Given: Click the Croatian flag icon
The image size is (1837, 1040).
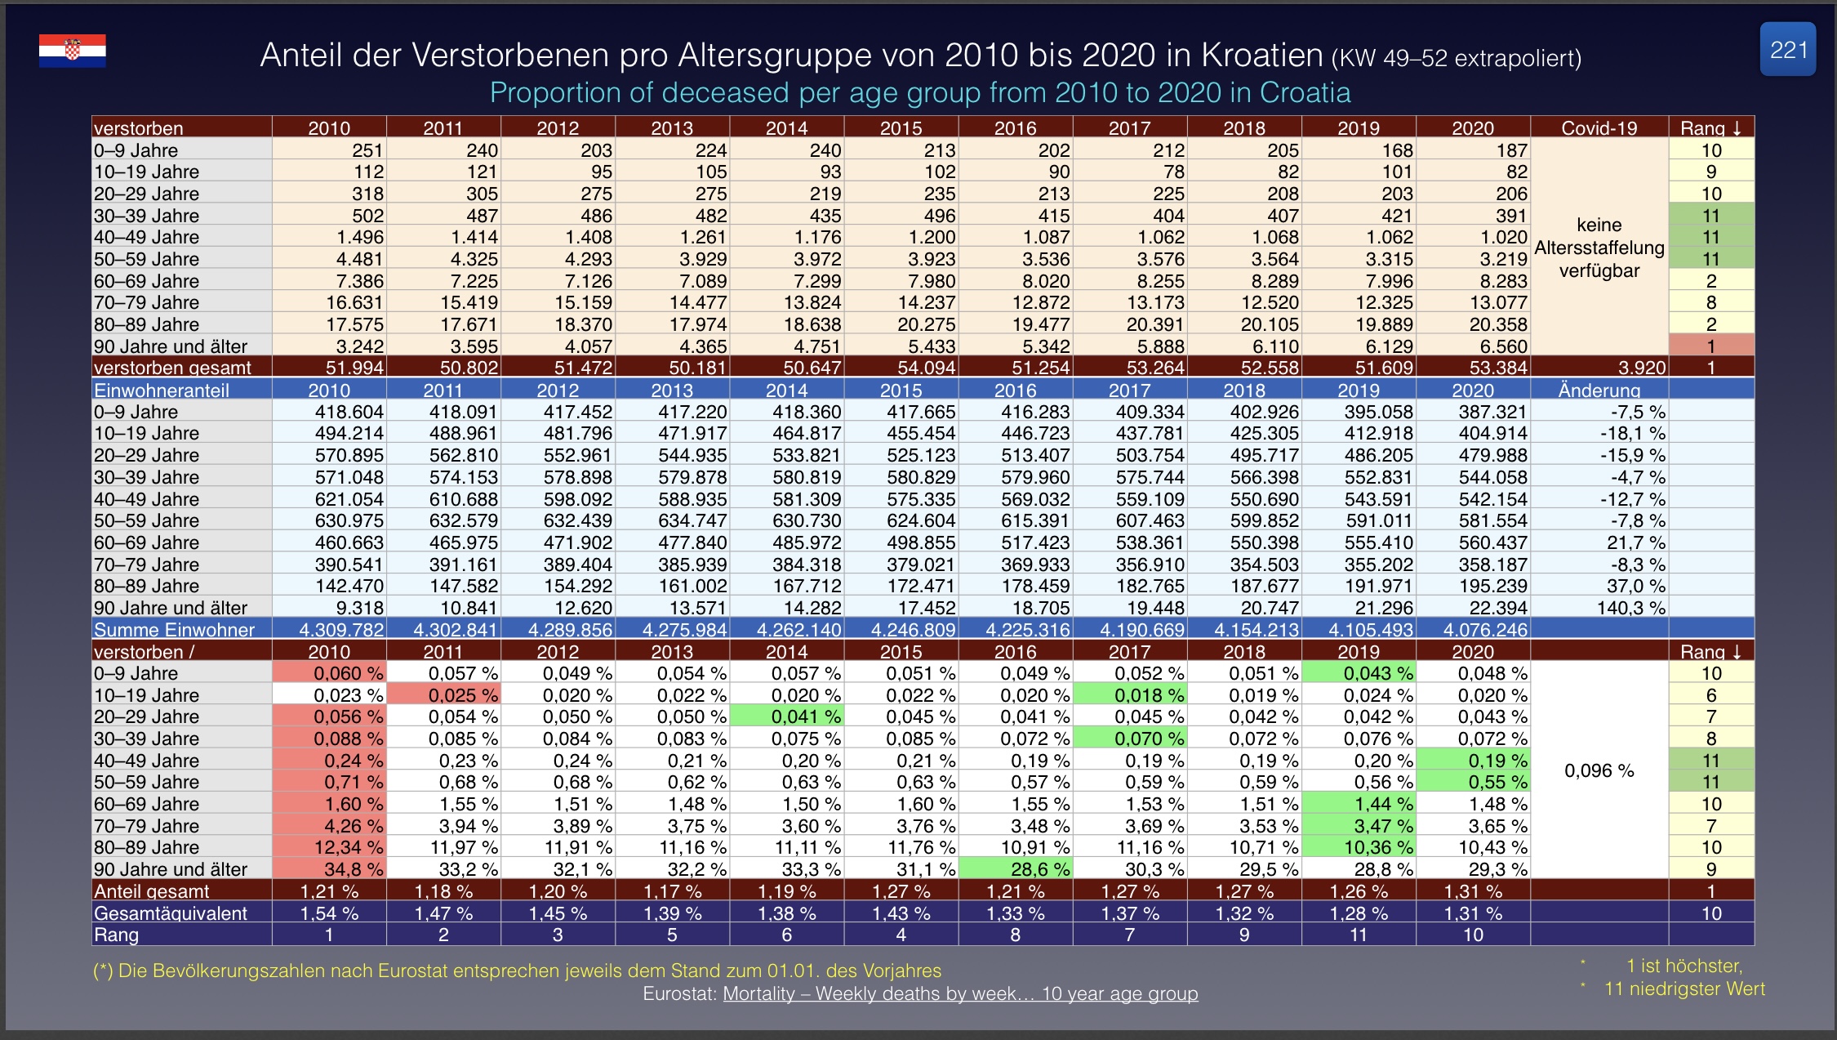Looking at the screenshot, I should point(73,51).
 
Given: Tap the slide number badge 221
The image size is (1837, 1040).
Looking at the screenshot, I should point(1787,50).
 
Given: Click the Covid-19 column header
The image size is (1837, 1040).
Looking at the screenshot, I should point(1599,127).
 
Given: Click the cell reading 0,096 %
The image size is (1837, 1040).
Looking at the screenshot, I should point(1599,770).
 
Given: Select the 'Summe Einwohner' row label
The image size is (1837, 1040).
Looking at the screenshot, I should point(174,630).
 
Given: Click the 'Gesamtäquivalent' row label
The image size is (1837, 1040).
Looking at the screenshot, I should point(170,913).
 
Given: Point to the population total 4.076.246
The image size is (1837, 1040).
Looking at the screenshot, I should point(1484,630).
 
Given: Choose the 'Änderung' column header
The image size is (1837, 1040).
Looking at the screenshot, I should point(1599,390).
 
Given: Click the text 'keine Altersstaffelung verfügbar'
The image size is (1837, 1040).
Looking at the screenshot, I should point(1599,248).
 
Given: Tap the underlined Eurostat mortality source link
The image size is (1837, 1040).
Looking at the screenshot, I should point(960,993).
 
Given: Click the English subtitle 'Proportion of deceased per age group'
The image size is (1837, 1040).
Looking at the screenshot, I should point(919,92).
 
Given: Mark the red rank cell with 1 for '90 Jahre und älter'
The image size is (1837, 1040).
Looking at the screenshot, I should point(1710,346).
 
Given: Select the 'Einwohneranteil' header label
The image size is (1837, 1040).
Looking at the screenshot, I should point(162,390).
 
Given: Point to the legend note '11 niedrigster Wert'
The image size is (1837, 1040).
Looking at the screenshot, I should point(1684,989).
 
